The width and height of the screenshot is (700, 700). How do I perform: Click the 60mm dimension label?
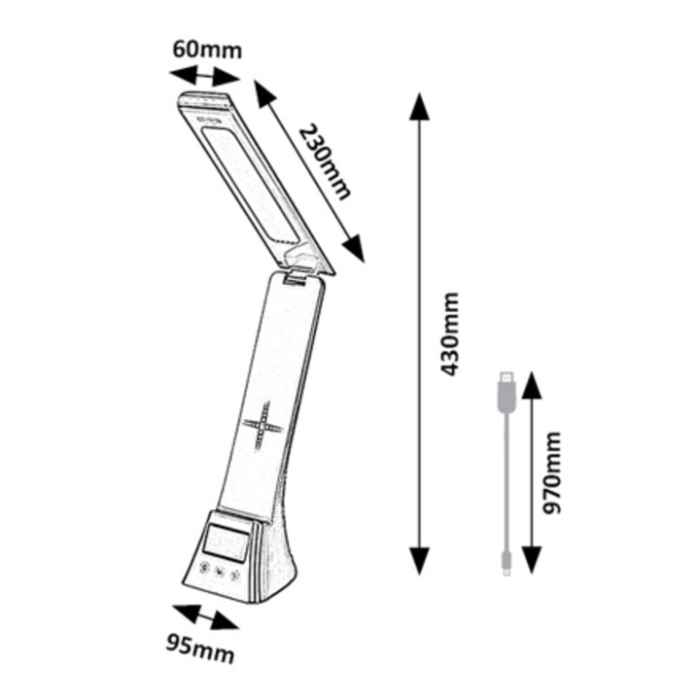click(207, 50)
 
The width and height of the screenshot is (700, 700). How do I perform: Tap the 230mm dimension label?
click(325, 162)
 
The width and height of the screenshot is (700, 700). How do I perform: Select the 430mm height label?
click(448, 333)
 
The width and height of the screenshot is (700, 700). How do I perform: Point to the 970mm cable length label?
click(550, 472)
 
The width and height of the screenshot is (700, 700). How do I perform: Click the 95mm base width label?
click(200, 652)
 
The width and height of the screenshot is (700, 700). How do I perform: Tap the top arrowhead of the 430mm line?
click(419, 106)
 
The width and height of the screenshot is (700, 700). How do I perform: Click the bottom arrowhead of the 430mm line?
click(419, 561)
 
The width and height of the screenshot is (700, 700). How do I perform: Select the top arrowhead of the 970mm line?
click(531, 385)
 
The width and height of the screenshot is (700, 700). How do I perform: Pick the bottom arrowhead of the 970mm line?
click(531, 560)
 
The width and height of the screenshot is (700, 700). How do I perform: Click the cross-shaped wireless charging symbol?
click(262, 425)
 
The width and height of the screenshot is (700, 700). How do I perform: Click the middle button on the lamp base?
click(219, 571)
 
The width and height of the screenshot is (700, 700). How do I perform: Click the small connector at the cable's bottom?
click(507, 563)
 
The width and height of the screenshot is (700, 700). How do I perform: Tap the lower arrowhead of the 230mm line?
click(354, 249)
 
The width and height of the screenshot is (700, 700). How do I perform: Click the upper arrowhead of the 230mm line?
click(266, 94)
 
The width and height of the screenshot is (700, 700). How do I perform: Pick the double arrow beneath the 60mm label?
click(205, 77)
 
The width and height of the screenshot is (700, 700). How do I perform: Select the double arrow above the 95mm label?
click(206, 617)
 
